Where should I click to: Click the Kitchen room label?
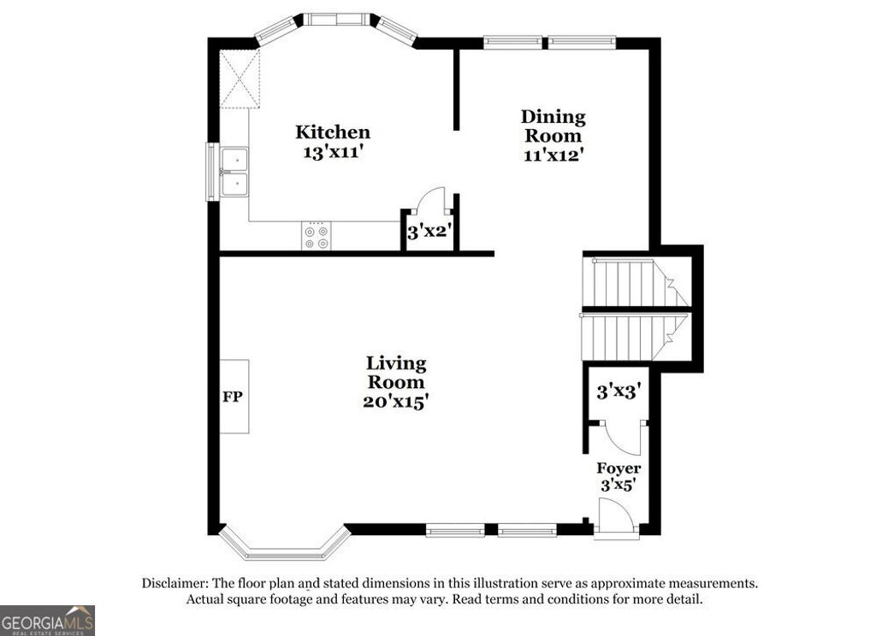pos(333,132)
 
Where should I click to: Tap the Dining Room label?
pos(553,126)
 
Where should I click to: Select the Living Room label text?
pos(395,373)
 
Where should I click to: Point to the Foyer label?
pos(619,468)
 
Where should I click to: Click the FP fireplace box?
pos(234,397)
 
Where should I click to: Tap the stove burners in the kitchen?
pos(316,236)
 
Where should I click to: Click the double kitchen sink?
pos(234,172)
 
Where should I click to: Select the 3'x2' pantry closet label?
pos(428,231)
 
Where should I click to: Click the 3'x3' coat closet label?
pos(619,392)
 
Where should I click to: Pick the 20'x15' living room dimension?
pos(395,402)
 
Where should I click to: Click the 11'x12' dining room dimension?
pos(553,155)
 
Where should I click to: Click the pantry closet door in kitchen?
pos(428,202)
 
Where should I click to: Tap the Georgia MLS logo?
pos(47,620)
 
